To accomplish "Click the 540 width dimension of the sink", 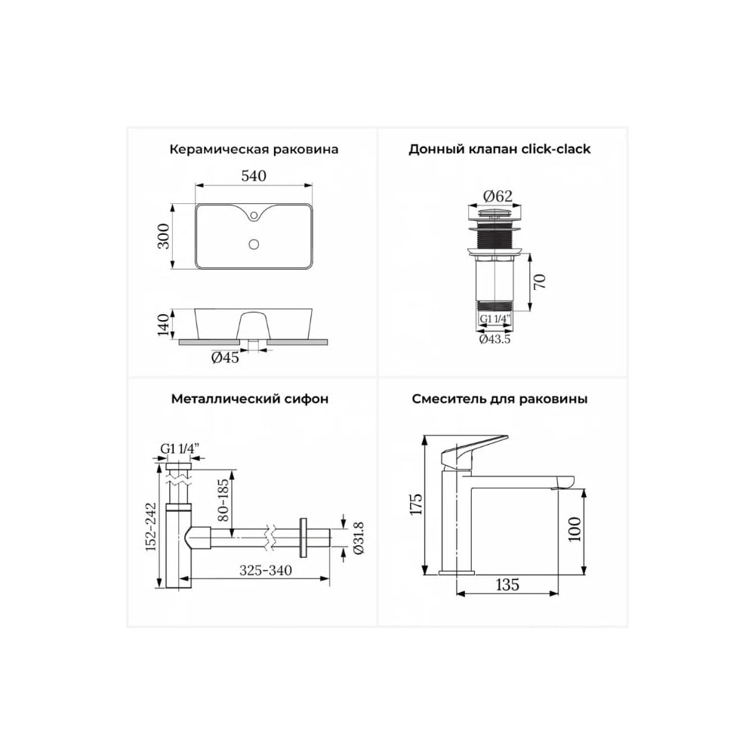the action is coord(254,176).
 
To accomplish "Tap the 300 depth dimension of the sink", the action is coord(164,236).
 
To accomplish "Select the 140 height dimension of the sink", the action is coord(164,325).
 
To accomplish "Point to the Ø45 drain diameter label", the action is coord(225,358).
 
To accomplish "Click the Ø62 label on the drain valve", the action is coord(498,196).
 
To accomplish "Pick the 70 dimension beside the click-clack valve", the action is coord(540,281).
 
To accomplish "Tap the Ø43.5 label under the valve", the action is coord(495,339).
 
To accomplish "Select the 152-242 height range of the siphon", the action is coord(152,527).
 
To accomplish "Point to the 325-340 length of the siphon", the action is coord(266,570).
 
